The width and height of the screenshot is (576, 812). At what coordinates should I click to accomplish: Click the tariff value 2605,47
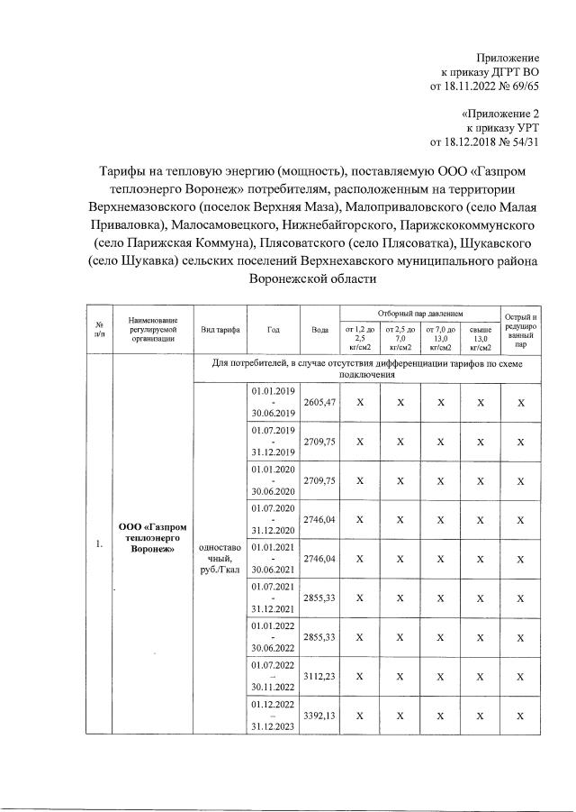tap(320, 403)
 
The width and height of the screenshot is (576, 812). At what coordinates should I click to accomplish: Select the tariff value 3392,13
tap(320, 716)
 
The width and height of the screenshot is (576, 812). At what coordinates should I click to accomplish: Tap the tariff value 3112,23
tap(320, 677)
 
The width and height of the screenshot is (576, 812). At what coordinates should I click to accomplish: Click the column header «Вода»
tap(320, 330)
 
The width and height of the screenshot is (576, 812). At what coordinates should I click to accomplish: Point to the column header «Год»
tap(274, 330)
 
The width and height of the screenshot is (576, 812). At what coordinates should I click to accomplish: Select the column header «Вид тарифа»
tap(220, 330)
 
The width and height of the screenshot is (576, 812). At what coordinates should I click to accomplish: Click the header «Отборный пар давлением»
tap(419, 312)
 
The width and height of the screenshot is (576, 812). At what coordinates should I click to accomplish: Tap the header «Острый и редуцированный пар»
tap(521, 330)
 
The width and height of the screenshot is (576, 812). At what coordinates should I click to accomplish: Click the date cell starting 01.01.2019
tap(274, 403)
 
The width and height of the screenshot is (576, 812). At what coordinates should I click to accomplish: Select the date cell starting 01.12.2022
tap(274, 716)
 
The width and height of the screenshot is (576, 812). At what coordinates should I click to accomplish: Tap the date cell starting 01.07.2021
tap(274, 598)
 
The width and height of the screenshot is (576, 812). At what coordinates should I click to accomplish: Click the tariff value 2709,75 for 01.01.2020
tap(320, 481)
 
